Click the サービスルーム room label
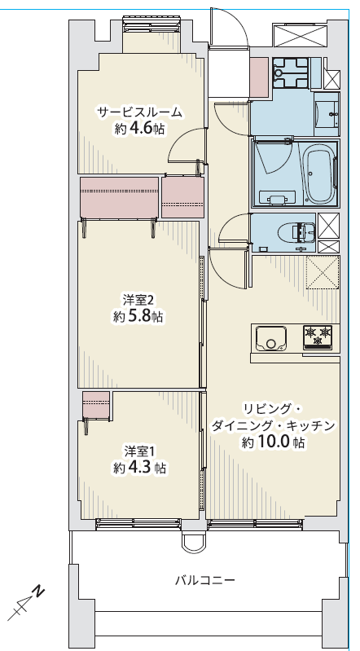(139, 112)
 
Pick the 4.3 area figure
(140, 468)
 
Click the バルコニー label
(205, 579)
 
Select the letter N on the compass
(38, 591)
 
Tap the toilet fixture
(299, 231)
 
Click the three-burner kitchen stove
(318, 336)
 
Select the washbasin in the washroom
(327, 109)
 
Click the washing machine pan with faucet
(291, 73)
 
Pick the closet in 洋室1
(96, 405)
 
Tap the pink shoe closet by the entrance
(260, 77)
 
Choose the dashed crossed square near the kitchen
(323, 272)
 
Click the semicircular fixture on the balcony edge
(193, 544)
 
